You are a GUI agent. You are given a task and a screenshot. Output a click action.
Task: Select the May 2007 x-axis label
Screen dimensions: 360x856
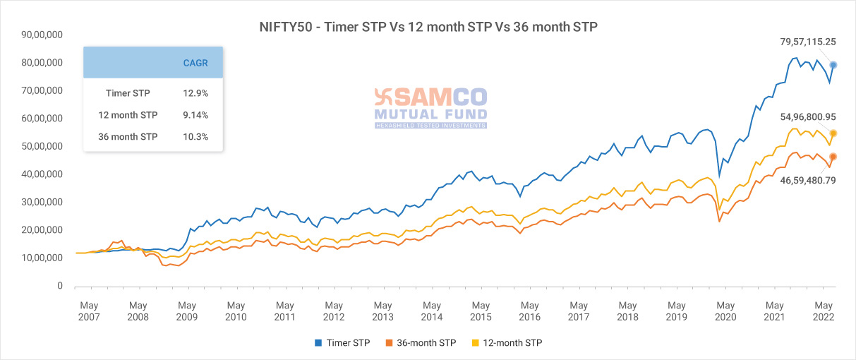(89, 311)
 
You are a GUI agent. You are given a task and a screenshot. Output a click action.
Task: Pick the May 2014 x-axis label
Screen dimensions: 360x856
(432, 311)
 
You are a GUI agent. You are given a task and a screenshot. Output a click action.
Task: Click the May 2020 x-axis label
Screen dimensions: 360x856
(725, 311)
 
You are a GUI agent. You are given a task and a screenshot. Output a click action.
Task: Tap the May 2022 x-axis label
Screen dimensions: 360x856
(824, 311)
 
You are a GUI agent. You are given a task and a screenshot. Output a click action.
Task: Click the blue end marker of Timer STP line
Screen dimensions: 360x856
(833, 65)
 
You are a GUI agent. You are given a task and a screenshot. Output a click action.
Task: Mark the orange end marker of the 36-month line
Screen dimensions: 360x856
(833, 157)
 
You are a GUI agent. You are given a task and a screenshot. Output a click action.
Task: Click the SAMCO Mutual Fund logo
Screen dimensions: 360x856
(430, 107)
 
